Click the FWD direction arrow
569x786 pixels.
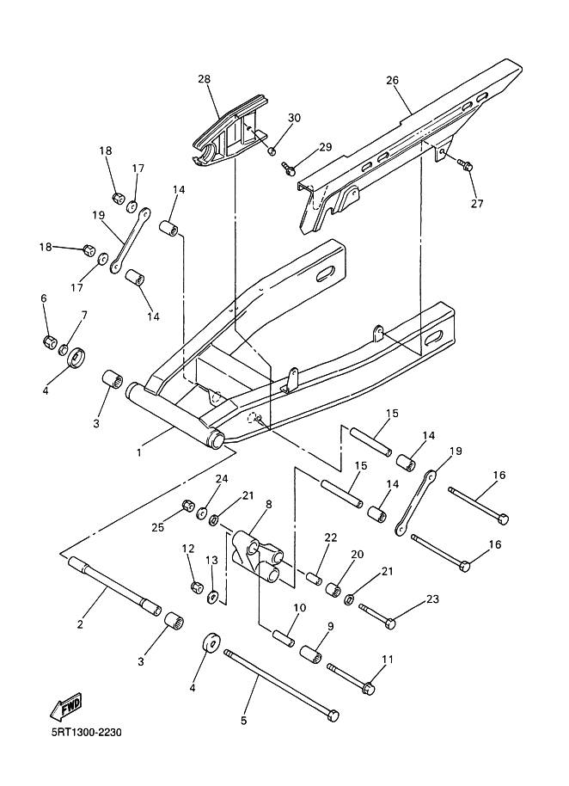65,707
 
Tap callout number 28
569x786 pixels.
204,79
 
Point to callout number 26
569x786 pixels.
392,80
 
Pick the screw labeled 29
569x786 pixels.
289,168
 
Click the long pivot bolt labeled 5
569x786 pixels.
282,685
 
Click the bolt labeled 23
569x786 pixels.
377,615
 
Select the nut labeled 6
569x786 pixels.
49,342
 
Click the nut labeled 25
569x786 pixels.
188,505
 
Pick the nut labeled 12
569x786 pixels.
196,586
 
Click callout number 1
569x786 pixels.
139,451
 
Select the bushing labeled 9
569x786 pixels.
311,654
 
